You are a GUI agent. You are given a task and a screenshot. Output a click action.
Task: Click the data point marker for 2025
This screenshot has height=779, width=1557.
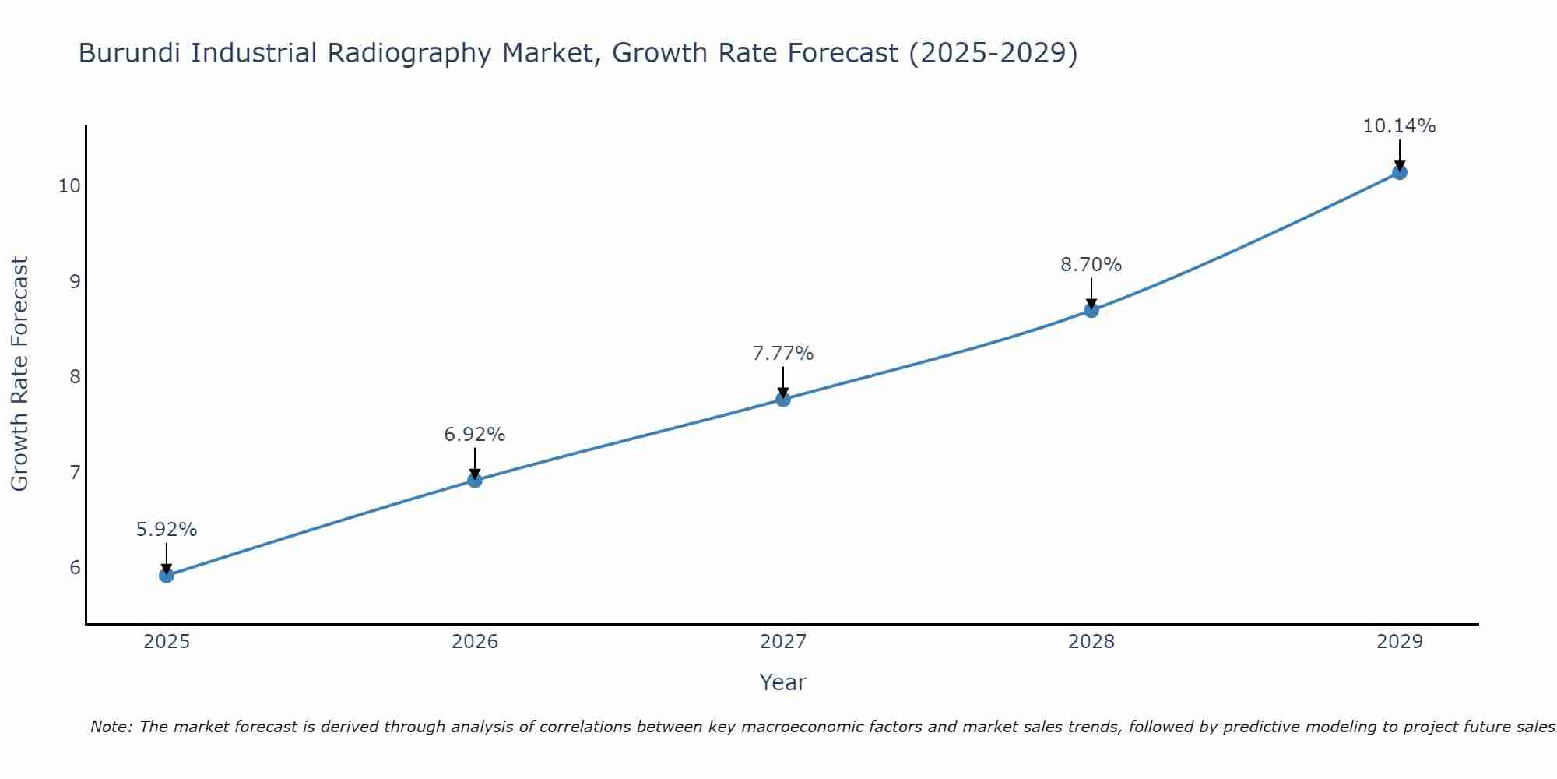pyautogui.click(x=167, y=576)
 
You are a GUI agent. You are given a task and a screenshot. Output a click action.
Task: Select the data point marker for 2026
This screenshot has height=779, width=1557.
pyautogui.click(x=475, y=480)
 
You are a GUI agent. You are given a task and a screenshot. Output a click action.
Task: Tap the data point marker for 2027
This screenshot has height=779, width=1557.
pyautogui.click(x=783, y=399)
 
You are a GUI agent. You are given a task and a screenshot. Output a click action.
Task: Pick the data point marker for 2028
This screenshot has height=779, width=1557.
pyautogui.click(x=1091, y=310)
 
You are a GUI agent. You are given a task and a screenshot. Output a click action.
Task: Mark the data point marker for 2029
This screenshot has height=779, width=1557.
pyautogui.click(x=1399, y=172)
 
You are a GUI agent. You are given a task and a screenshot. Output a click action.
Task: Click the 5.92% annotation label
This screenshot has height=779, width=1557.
pyautogui.click(x=167, y=530)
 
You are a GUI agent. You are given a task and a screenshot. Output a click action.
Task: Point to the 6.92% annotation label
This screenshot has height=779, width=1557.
pyautogui.click(x=475, y=435)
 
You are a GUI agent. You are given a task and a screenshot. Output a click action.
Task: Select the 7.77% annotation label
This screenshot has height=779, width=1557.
pyautogui.click(x=783, y=354)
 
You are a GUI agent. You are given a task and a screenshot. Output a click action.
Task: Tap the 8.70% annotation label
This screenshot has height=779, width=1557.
pyautogui.click(x=1091, y=265)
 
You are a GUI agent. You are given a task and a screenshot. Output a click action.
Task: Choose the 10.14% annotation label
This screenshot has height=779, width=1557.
pyautogui.click(x=1399, y=126)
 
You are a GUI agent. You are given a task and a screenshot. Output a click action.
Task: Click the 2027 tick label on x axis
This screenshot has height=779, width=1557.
pyautogui.click(x=783, y=642)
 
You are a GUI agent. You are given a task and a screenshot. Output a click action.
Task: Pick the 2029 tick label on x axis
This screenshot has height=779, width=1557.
pyautogui.click(x=1399, y=642)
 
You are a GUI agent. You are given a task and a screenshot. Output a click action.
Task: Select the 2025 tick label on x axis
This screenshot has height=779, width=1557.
pyautogui.click(x=167, y=642)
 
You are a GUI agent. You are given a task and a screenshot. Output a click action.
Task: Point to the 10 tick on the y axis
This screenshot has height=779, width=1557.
pyautogui.click(x=69, y=186)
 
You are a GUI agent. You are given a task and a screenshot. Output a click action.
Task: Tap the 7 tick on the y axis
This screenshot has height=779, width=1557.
pyautogui.click(x=75, y=472)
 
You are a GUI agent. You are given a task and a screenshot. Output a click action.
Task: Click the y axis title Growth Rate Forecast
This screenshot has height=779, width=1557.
pyautogui.click(x=20, y=374)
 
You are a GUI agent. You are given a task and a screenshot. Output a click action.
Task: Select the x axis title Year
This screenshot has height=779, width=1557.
pyautogui.click(x=783, y=682)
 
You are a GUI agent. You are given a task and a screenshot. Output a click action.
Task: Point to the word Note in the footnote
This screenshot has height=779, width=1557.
pyautogui.click(x=112, y=727)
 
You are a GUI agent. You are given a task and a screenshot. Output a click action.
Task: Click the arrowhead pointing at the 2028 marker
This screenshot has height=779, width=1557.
pyautogui.click(x=1091, y=303)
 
